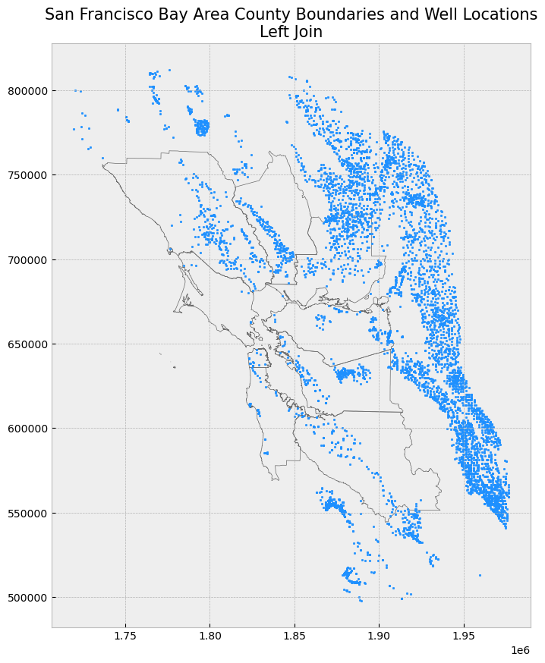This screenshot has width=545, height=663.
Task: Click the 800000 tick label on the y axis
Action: (27, 91)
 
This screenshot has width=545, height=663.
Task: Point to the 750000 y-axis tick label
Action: (27, 175)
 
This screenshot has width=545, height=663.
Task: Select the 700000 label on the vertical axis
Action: (27, 259)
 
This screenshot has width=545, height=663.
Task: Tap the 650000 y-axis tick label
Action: (27, 344)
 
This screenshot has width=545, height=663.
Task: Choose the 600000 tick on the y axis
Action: (27, 429)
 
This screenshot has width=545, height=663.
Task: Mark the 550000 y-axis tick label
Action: (27, 513)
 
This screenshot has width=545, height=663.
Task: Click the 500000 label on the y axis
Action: (27, 597)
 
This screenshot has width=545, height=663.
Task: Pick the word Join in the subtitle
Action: (307, 32)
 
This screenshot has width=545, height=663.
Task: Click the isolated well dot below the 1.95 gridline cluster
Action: (480, 575)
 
